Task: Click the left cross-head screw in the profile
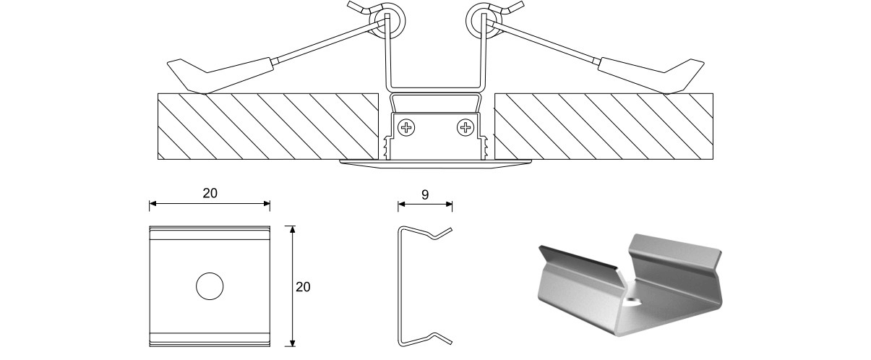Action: pos(408,129)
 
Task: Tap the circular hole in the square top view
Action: pos(210,287)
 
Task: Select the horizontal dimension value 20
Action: pos(210,193)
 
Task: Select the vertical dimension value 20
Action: pos(304,287)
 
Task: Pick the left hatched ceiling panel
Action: pos(267,126)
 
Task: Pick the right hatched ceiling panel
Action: pos(604,126)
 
